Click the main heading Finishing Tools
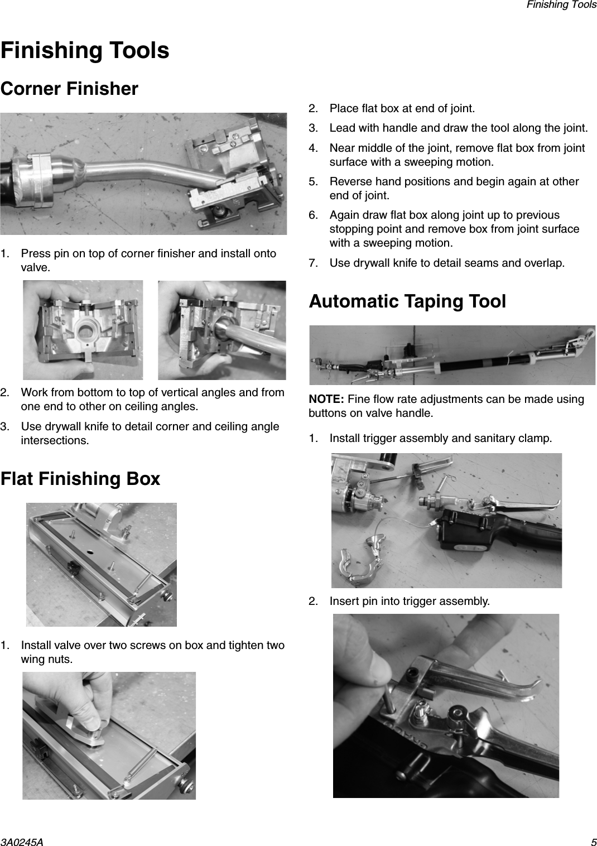point(85,50)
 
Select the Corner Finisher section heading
point(69,89)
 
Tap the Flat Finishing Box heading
point(80,479)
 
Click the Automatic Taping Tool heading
point(407,301)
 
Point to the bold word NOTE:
point(326,400)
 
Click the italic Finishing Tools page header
point(561,4)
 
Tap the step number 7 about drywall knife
point(314,263)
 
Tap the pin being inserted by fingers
point(390,695)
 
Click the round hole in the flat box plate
point(90,550)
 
